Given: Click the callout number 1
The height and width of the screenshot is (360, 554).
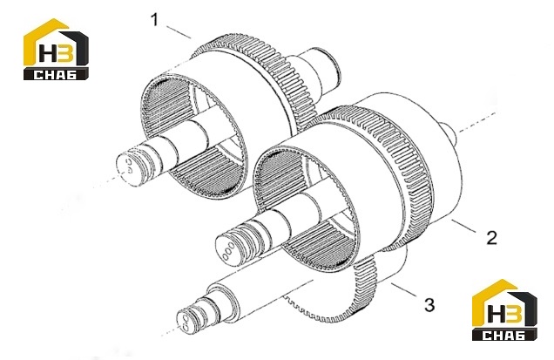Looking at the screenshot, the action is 155,20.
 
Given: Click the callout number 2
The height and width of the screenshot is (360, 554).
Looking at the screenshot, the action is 491,237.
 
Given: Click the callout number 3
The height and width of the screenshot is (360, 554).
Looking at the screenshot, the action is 429,304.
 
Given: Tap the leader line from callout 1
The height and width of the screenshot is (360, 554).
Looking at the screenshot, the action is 179,32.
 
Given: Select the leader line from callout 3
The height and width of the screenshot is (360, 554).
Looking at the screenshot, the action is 405,290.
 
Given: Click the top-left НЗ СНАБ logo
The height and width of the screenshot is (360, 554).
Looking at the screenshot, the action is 56,49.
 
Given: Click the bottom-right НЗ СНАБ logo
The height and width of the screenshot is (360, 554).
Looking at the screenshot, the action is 504,310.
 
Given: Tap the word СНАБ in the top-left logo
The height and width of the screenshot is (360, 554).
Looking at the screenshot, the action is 56,75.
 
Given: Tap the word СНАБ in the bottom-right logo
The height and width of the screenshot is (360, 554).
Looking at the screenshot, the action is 504,336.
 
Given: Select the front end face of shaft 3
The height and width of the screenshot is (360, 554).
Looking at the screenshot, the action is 184,321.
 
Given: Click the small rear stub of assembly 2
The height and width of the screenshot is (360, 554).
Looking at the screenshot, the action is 449,133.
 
